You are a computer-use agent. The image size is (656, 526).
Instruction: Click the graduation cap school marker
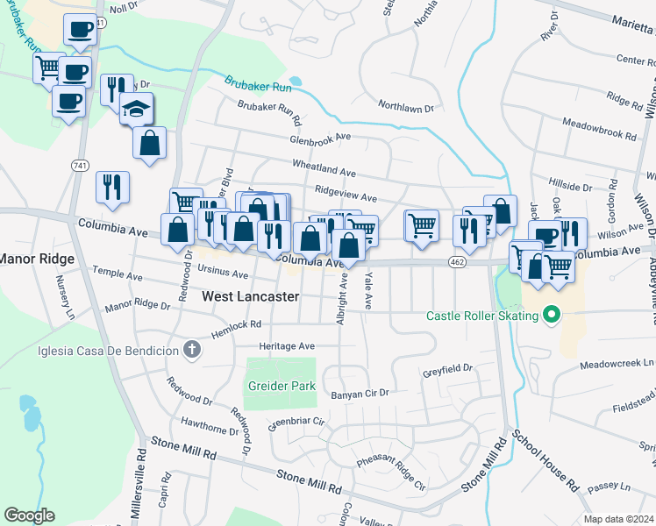(136, 109)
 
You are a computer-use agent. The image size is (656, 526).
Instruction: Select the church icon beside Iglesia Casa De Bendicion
(193, 350)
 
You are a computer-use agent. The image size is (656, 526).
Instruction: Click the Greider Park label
(281, 383)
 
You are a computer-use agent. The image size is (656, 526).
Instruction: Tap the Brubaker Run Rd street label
(269, 112)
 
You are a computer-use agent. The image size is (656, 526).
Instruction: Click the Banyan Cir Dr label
(359, 394)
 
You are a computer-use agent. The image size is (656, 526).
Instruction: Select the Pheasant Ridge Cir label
(390, 473)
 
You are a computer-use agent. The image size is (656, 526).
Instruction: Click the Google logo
(28, 515)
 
